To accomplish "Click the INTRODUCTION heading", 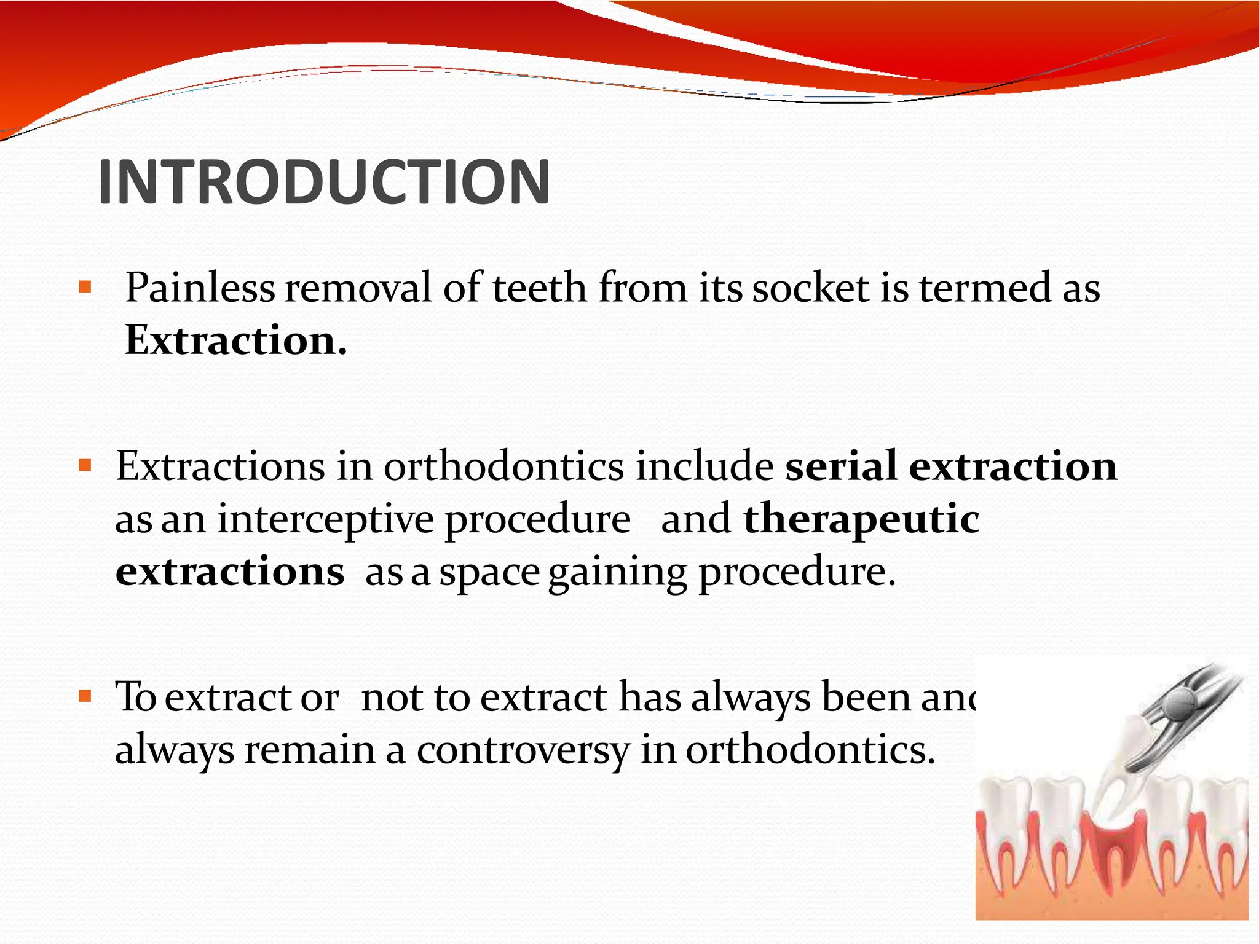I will click(x=324, y=182).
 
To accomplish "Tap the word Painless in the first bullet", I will click(x=200, y=288).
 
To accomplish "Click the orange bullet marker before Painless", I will click(x=85, y=286).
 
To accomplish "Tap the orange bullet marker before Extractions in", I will click(x=85, y=465).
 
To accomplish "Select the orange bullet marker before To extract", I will click(x=85, y=697).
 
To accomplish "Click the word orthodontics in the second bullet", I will click(x=503, y=466).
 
